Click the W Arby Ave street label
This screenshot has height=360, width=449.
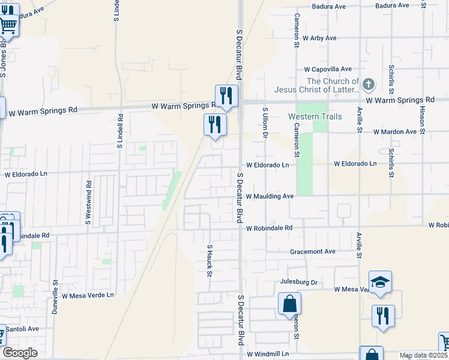[x=319, y=38]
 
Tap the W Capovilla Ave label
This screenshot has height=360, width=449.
[x=327, y=70]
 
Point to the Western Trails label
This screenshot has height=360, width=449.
[x=315, y=116]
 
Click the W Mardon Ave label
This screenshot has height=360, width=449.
[x=394, y=131]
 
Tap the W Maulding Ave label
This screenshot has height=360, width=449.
[x=270, y=196]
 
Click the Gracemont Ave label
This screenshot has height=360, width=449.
[x=312, y=252]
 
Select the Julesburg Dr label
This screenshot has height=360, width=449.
[x=298, y=281]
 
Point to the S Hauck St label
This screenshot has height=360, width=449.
[x=209, y=260]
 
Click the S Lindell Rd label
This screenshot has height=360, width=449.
[x=120, y=131]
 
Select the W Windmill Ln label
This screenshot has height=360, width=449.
[x=267, y=354]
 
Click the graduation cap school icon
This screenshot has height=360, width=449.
[x=380, y=282]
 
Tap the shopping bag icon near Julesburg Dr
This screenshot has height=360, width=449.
[x=289, y=303]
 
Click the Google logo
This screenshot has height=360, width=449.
[x=20, y=353]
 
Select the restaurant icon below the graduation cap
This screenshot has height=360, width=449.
[x=383, y=316]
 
